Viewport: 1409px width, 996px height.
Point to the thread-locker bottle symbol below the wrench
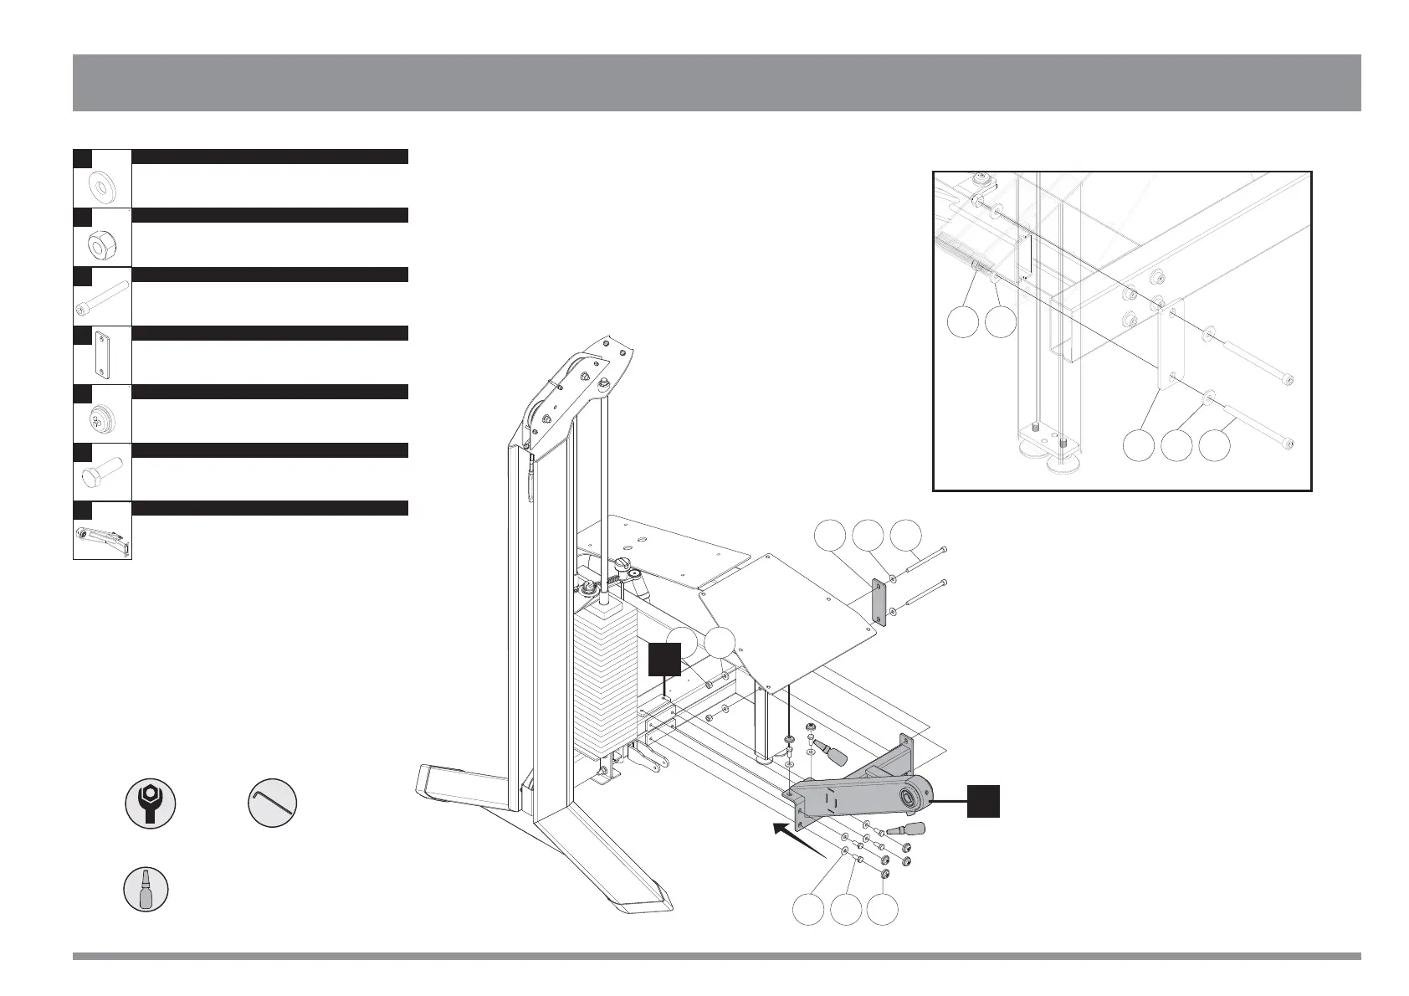pyautogui.click(x=146, y=888)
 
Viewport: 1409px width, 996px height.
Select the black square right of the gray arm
pyautogui.click(x=984, y=800)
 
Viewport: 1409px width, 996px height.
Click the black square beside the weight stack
pyautogui.click(x=664, y=659)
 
